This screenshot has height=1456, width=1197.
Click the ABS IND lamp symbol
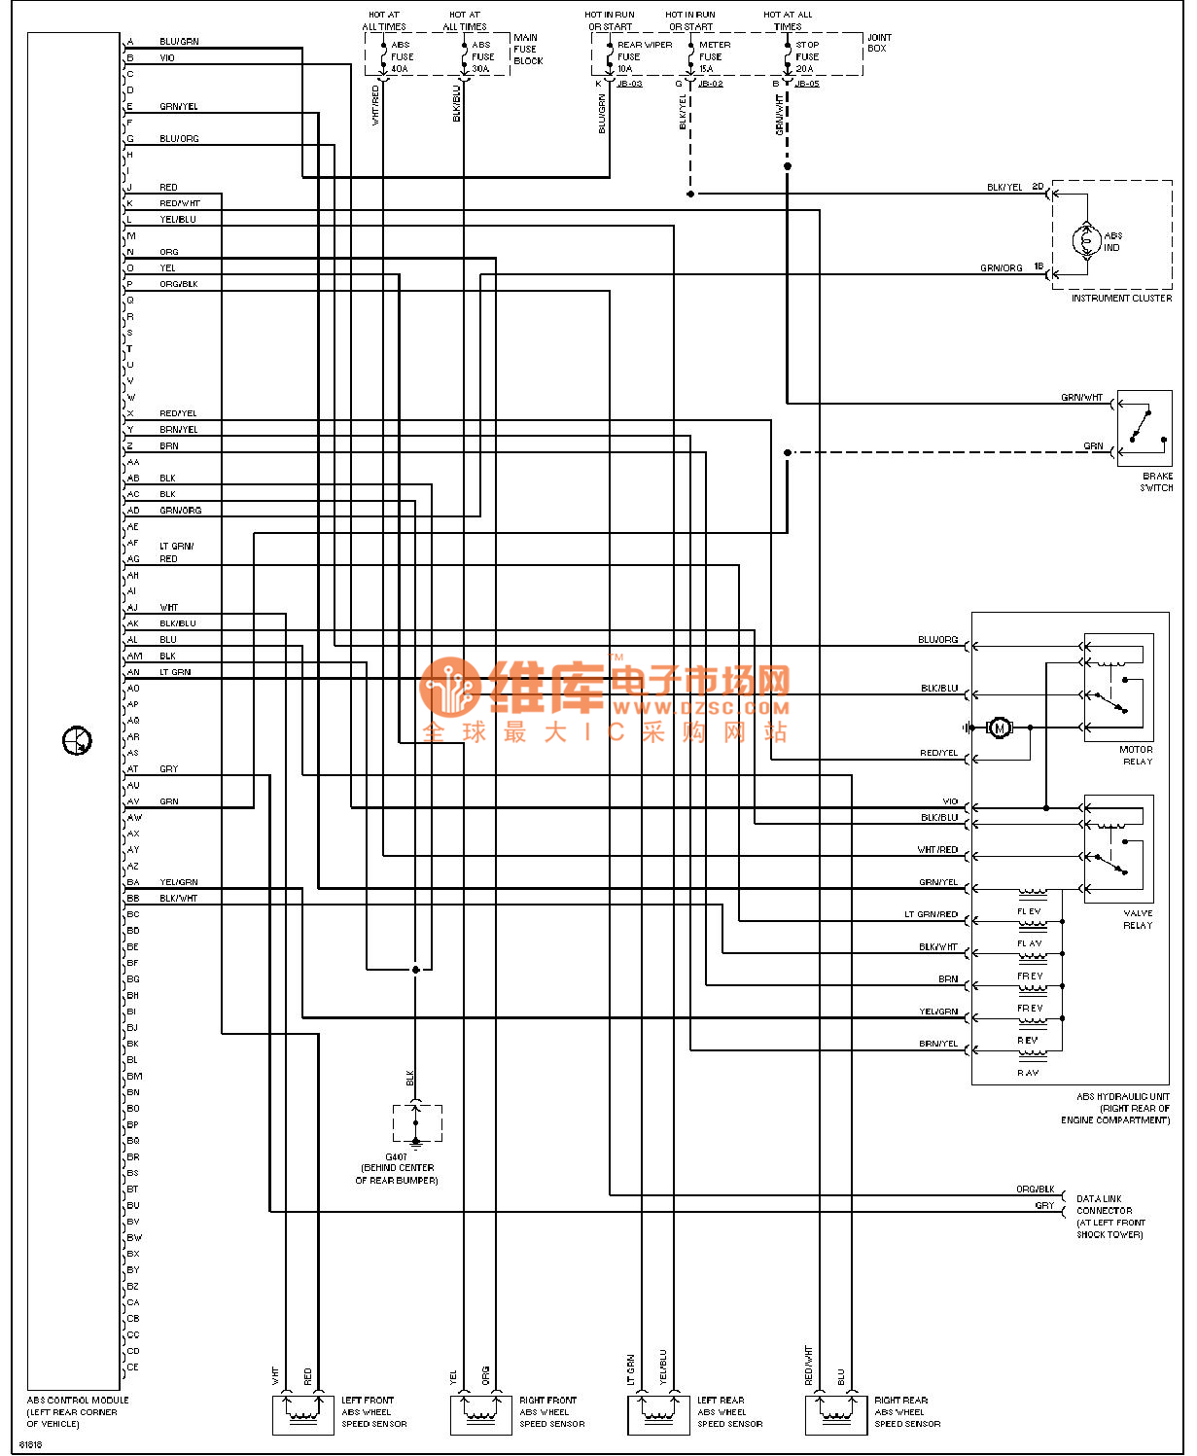pos(1086,239)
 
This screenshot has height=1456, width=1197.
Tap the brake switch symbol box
pos(1144,428)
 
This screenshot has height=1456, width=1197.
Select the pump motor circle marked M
pos(999,728)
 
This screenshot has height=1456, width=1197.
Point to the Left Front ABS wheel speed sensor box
pos(302,1414)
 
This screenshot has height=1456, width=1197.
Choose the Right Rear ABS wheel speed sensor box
pos(835,1414)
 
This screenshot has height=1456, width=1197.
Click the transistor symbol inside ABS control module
pos(77,741)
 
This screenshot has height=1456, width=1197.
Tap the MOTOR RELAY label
pos(1136,755)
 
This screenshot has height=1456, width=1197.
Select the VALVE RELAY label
pos(1138,919)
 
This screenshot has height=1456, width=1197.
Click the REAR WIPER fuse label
pos(644,45)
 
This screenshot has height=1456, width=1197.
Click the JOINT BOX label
pos(878,43)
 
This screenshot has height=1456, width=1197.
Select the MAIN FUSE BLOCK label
pos(527,49)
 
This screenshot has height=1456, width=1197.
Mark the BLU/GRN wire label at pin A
pos(179,42)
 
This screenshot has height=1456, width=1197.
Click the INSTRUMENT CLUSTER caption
pos(1120,299)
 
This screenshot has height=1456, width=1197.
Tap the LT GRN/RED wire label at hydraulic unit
pos(931,915)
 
